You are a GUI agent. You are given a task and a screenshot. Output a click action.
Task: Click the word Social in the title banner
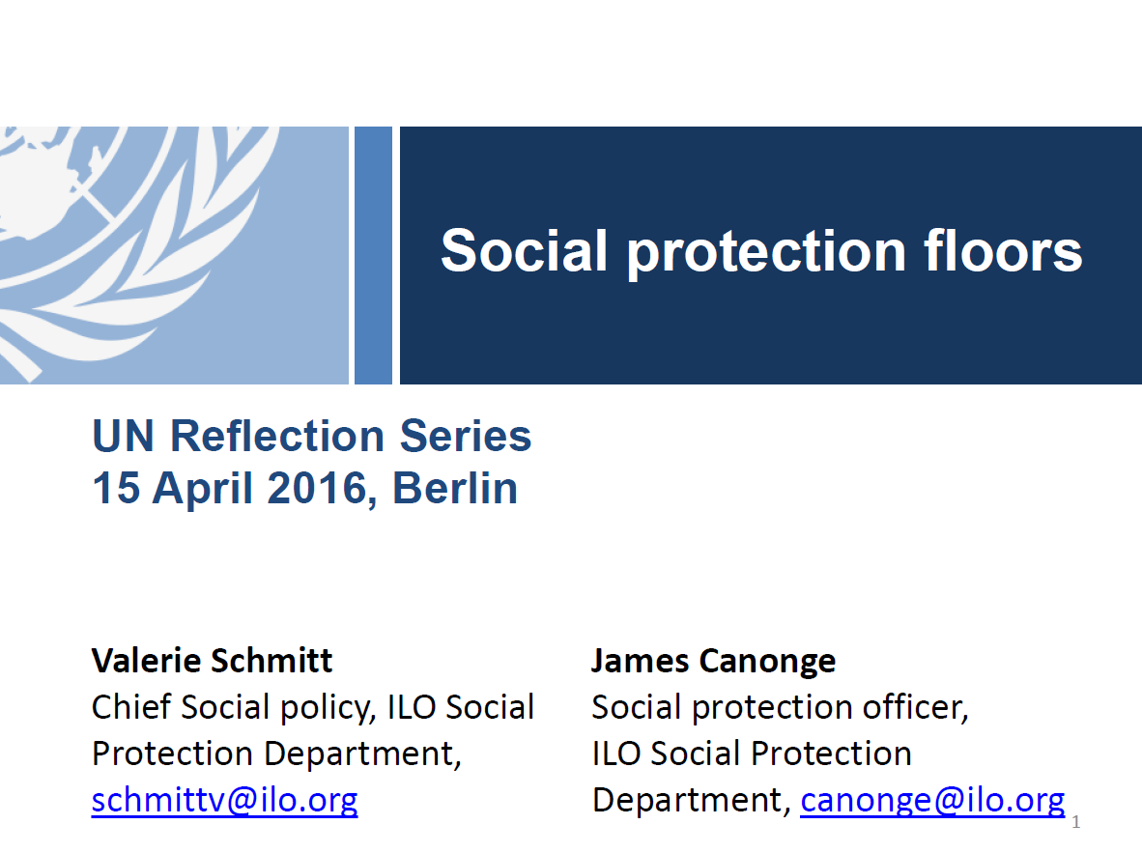(x=524, y=250)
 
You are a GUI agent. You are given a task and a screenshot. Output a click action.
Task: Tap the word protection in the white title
(x=765, y=253)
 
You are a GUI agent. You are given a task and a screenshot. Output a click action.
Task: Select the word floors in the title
(x=1003, y=250)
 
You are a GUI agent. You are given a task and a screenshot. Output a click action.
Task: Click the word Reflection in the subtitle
(x=276, y=436)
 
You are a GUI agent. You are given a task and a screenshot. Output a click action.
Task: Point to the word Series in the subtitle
(x=465, y=436)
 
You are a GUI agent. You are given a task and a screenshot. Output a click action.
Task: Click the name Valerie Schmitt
(x=212, y=661)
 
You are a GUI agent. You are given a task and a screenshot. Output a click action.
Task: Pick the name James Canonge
(x=713, y=662)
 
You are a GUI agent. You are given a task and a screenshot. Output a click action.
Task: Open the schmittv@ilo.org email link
(x=224, y=800)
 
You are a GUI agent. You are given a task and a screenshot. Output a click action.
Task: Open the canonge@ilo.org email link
(x=932, y=800)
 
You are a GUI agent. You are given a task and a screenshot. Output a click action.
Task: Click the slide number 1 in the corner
(x=1075, y=822)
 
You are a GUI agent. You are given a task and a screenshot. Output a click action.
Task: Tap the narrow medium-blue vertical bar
(x=373, y=255)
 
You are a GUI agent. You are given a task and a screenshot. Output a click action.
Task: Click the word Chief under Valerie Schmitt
(x=131, y=706)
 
